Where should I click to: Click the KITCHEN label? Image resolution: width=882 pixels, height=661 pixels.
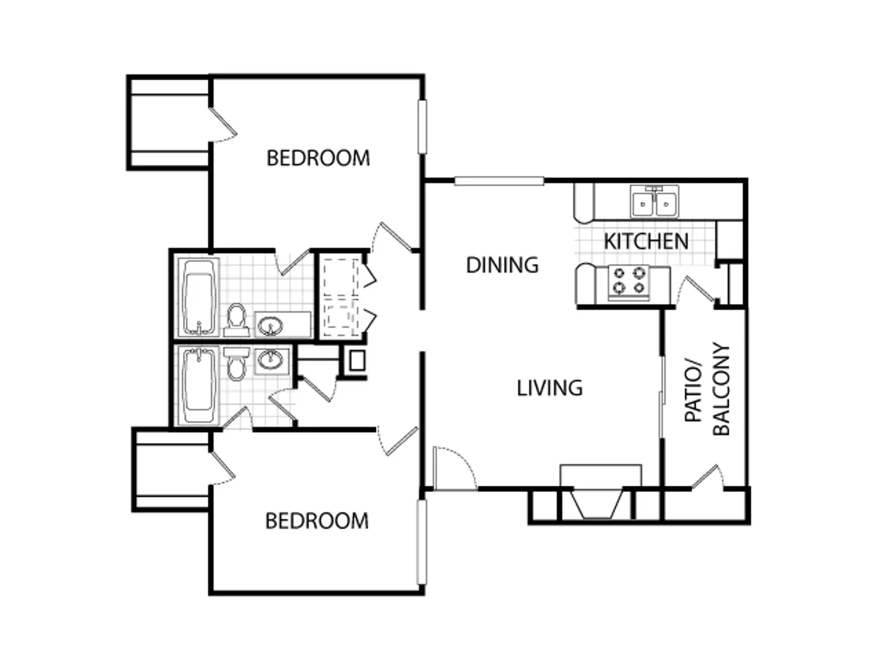tap(646, 241)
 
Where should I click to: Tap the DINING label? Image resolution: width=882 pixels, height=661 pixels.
tap(502, 265)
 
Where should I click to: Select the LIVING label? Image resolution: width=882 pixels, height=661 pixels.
tap(550, 388)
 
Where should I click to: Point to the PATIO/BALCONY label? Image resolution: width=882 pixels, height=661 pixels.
tap(707, 390)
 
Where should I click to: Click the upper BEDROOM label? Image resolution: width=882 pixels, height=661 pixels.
tap(318, 158)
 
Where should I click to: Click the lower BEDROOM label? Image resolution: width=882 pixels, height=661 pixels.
tap(317, 521)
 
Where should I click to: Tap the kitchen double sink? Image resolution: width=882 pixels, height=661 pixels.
tap(654, 202)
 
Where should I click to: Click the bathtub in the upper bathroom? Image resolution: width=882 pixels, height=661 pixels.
tap(198, 297)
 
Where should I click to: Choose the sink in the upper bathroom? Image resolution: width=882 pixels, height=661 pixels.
tap(270, 326)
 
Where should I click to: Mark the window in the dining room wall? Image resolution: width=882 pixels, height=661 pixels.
tap(499, 181)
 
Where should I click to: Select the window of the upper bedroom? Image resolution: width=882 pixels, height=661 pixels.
tap(422, 127)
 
